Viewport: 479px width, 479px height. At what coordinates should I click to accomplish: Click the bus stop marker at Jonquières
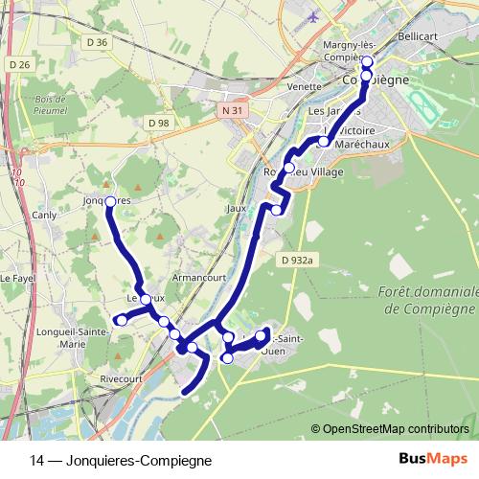pos(110,201)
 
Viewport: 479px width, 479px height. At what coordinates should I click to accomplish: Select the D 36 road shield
pos(97,42)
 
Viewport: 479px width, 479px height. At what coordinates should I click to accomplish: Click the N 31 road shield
pos(228,111)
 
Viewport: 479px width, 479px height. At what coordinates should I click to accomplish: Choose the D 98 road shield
pos(159,123)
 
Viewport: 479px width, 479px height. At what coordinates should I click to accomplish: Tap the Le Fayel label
pos(17,278)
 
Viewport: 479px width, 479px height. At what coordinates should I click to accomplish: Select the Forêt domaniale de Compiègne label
pos(426,300)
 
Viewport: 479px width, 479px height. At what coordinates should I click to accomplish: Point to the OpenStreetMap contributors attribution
pos(396,429)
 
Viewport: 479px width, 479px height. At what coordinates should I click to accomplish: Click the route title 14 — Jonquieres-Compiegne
pos(121,460)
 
